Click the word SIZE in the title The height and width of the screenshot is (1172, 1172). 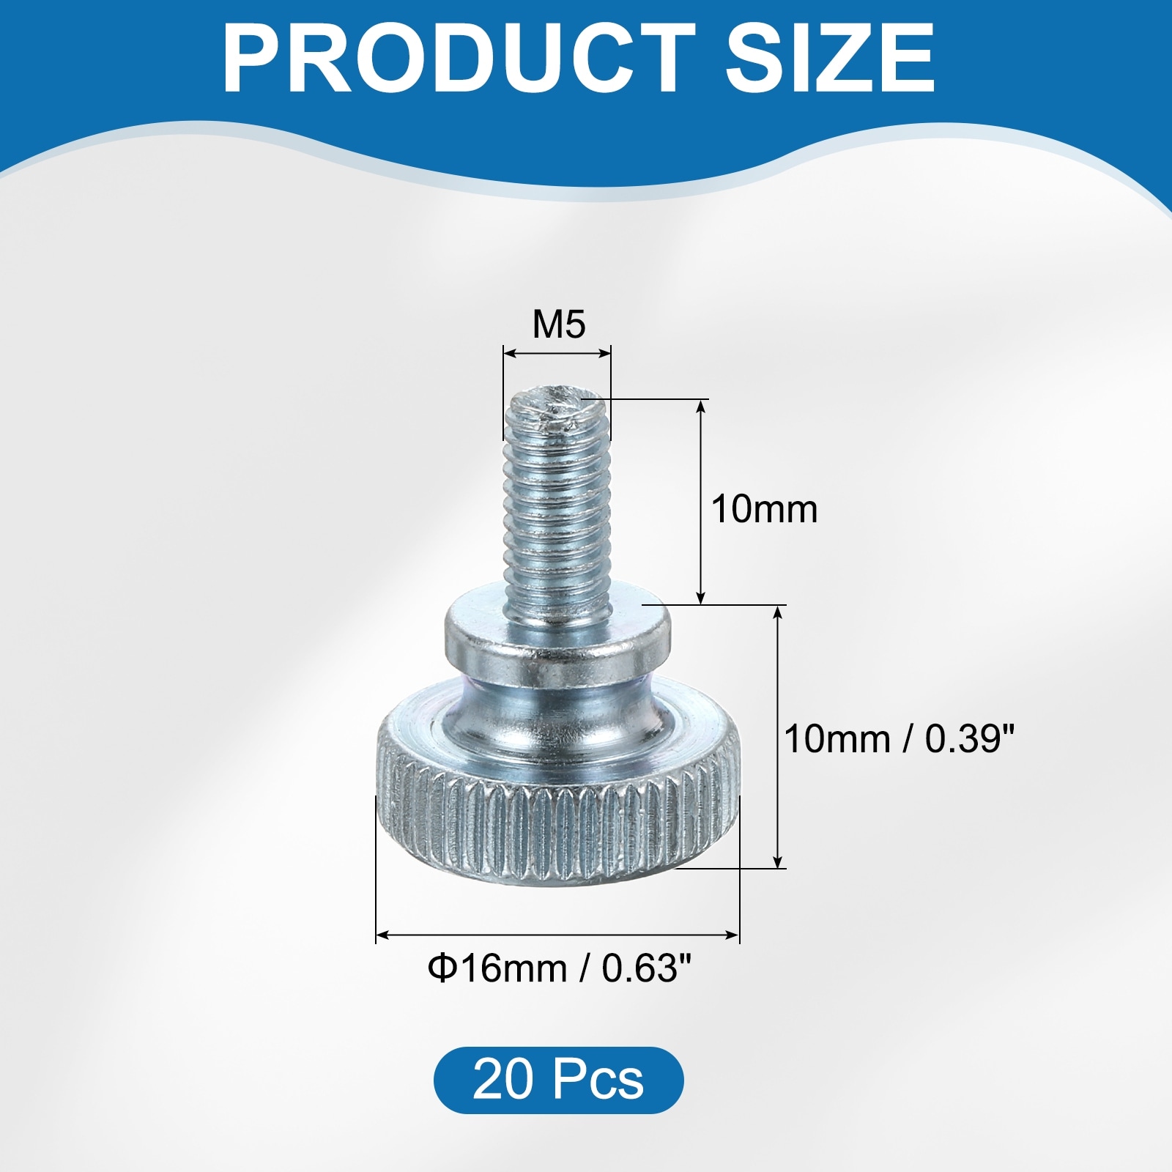830,58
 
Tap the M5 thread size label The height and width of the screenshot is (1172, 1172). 559,324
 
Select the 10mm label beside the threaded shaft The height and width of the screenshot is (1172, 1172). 764,509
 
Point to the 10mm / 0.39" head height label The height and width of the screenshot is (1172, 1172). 900,739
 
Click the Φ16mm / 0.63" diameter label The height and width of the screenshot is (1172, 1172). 560,969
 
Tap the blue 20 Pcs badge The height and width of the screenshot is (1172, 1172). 558,1080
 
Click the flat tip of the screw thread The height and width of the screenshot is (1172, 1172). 557,407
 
